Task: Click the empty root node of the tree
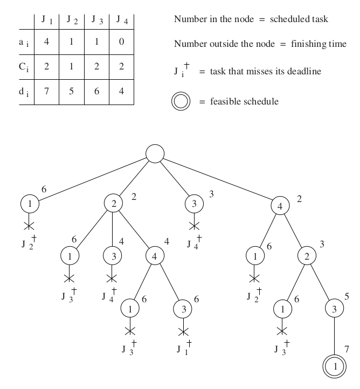point(155,153)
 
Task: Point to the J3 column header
point(96,20)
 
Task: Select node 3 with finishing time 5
point(334,309)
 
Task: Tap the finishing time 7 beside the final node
point(346,350)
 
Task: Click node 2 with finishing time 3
point(307,256)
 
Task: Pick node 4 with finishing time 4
point(155,256)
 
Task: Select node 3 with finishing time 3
point(193,204)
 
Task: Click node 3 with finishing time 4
point(113,256)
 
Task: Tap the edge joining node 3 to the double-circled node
point(334,338)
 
